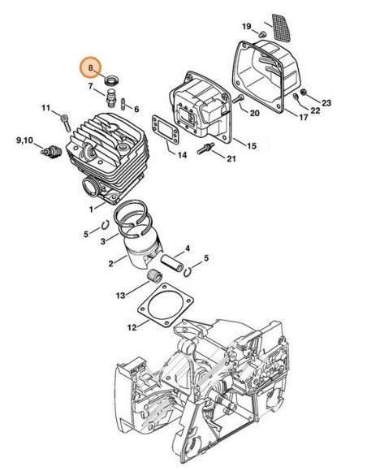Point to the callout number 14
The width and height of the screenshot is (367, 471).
pyautogui.click(x=181, y=153)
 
